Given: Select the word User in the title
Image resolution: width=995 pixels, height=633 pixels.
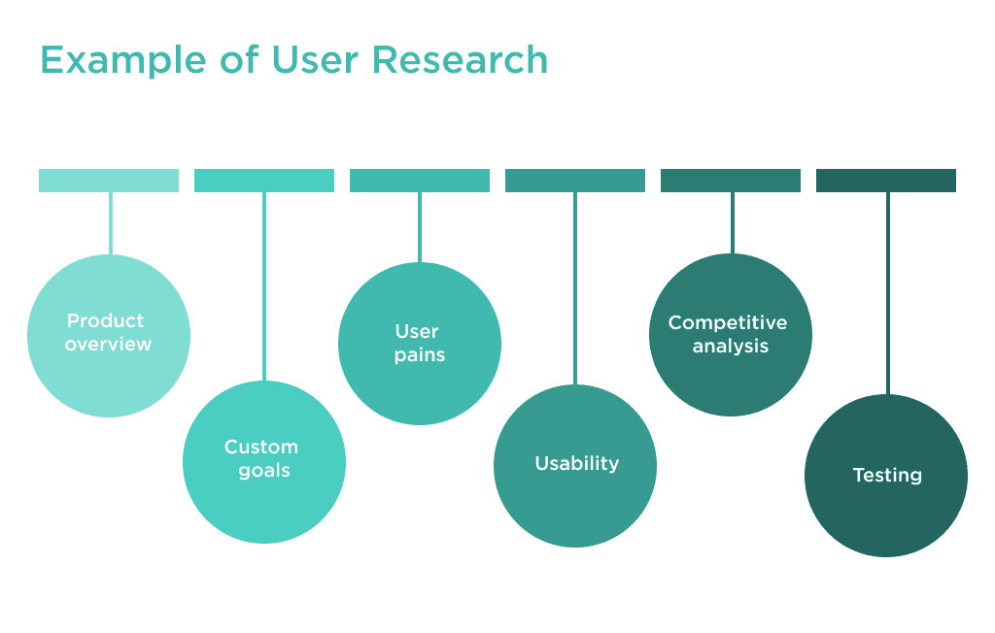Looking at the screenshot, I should [316, 60].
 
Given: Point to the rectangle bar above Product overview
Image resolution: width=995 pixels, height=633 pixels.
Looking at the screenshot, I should [109, 181].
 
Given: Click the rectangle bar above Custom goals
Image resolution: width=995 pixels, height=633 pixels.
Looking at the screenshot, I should [264, 181].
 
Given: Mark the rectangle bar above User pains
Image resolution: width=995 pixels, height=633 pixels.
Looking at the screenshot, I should [420, 181].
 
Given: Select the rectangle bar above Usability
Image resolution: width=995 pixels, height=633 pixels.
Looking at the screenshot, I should [575, 181].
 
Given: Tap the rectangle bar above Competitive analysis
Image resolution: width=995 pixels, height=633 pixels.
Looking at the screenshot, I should [731, 181].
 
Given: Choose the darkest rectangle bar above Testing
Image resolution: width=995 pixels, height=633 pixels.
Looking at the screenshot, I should [886, 181].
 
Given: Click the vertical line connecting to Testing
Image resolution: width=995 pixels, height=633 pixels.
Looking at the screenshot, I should [887, 291].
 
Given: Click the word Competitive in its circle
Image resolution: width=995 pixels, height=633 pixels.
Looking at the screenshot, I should [728, 322].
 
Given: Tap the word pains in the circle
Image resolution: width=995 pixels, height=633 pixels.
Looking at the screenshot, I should [420, 355].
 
